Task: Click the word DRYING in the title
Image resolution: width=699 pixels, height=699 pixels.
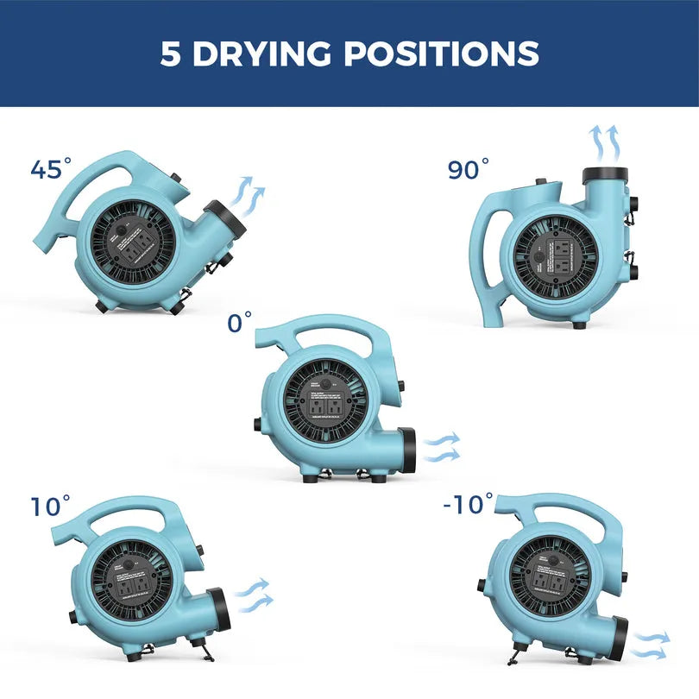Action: (263, 54)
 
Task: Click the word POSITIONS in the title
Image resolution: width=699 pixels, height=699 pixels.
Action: (442, 54)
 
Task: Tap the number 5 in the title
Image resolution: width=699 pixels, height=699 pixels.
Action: (171, 54)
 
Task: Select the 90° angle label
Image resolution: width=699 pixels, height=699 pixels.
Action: (469, 168)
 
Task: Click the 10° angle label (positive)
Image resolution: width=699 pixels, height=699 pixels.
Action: (51, 506)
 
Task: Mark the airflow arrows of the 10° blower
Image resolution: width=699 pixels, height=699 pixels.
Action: (253, 595)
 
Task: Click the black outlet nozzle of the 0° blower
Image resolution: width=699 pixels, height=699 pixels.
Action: (406, 449)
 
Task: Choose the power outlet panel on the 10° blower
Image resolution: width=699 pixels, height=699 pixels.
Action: (134, 587)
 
